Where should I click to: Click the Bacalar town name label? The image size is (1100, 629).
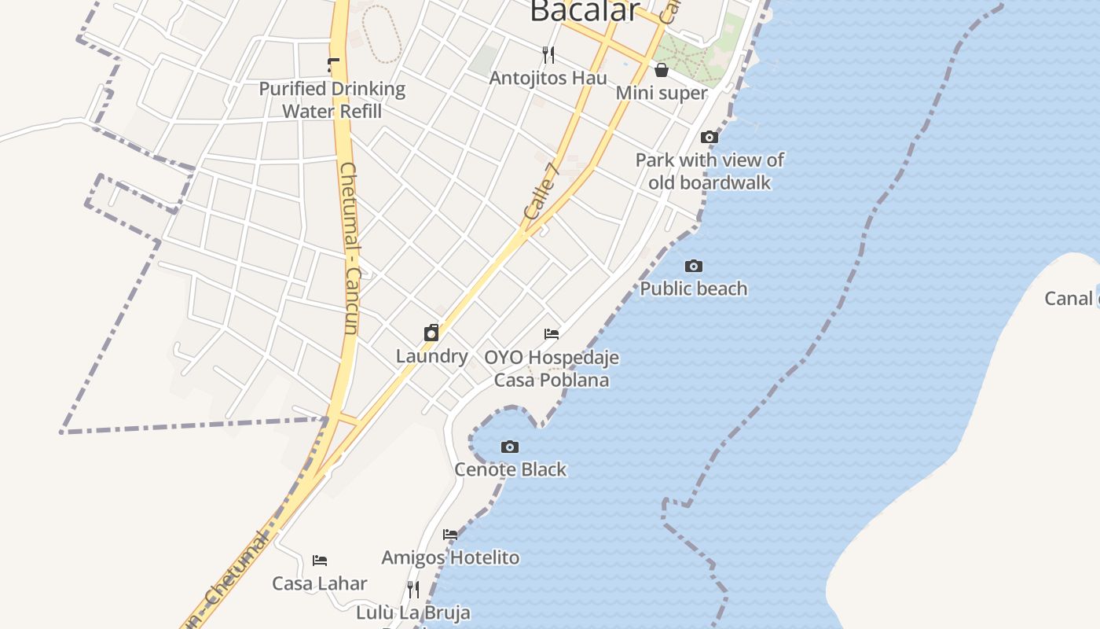tap(585, 11)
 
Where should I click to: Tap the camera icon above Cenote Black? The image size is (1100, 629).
tap(510, 447)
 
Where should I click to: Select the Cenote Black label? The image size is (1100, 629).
tap(511, 469)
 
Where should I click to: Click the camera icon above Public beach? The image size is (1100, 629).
tap(694, 267)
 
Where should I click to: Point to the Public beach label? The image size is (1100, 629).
tap(694, 289)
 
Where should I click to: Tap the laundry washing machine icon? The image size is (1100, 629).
tap(431, 333)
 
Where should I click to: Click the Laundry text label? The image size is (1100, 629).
tap(432, 356)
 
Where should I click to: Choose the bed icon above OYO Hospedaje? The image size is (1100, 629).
tap(552, 334)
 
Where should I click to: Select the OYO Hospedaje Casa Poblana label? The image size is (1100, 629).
tap(552, 369)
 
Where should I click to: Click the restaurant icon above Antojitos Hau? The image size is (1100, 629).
tap(548, 54)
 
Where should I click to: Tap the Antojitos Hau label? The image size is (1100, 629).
tap(548, 78)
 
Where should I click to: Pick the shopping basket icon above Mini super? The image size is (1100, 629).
tap(662, 70)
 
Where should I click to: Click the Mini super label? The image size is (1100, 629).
tap(662, 93)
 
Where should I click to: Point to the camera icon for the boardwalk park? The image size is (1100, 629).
tap(709, 138)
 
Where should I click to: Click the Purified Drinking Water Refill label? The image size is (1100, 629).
tap(332, 100)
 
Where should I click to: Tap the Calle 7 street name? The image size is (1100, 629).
tap(540, 192)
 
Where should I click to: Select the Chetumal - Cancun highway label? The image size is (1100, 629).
tap(350, 248)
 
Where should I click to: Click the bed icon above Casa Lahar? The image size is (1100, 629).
tap(320, 561)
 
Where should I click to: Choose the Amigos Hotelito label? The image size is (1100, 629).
tap(450, 557)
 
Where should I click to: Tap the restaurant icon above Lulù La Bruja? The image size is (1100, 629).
tap(413, 589)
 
